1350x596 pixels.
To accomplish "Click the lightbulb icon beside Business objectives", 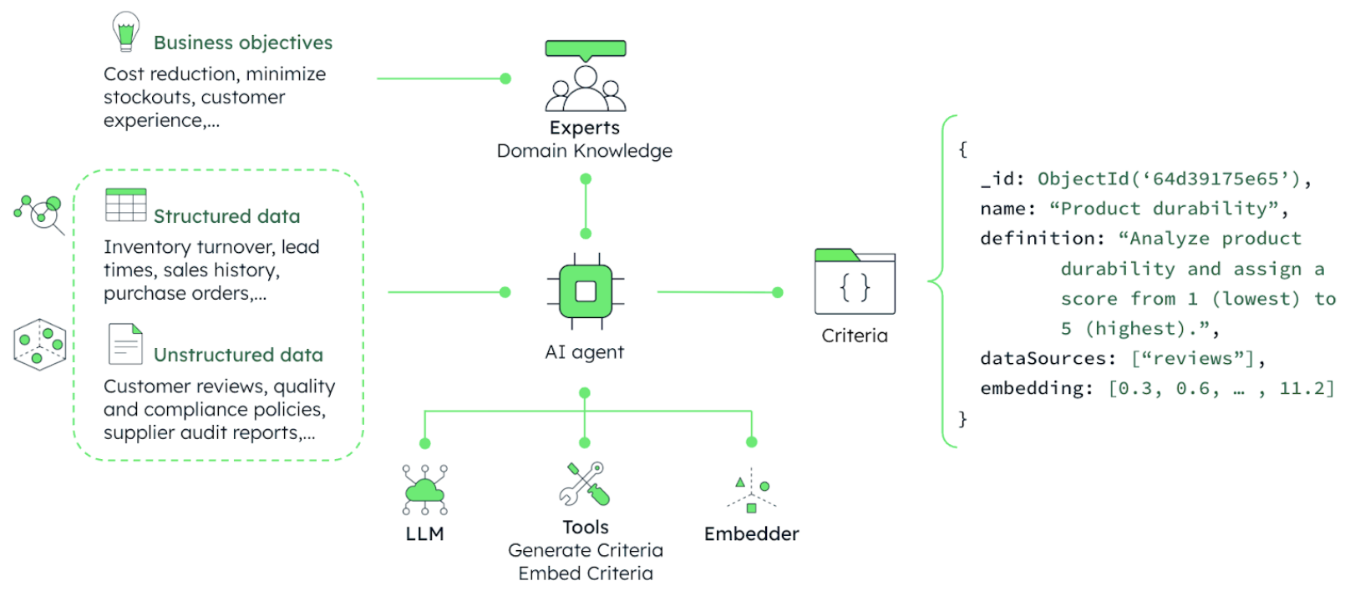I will pyautogui.click(x=125, y=32).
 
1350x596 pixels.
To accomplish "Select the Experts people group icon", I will pyautogui.click(x=586, y=88).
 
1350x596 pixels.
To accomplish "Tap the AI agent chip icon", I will pyautogui.click(x=586, y=291).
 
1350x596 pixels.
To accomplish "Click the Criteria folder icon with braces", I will pyautogui.click(x=855, y=282).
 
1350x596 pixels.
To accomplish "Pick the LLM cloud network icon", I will pyautogui.click(x=424, y=490).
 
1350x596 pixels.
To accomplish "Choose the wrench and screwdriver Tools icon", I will pyautogui.click(x=585, y=484).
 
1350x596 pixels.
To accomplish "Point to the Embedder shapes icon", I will pyautogui.click(x=752, y=491).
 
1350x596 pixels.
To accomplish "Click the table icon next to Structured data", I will pyautogui.click(x=126, y=205).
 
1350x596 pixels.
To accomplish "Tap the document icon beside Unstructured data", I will pyautogui.click(x=125, y=344).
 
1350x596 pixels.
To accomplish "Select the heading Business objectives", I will pyautogui.click(x=243, y=43).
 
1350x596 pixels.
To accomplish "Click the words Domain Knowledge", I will pyautogui.click(x=585, y=151).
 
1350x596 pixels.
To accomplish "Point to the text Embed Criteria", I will pyautogui.click(x=586, y=573).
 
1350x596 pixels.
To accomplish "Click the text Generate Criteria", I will pyautogui.click(x=586, y=550).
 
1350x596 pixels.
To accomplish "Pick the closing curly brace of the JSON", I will pyautogui.click(x=962, y=418).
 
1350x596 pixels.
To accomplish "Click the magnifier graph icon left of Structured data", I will pyautogui.click(x=40, y=214).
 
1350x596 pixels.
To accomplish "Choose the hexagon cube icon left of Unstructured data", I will pyautogui.click(x=39, y=344).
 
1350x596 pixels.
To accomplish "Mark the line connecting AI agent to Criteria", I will pyautogui.click(x=718, y=292).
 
